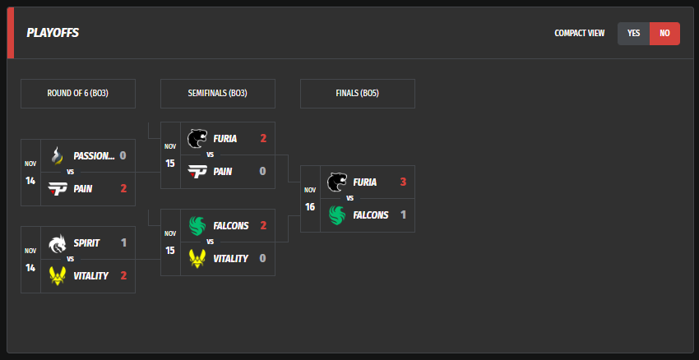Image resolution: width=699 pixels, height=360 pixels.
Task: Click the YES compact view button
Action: click(633, 34)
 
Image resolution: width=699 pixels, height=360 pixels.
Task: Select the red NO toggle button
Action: click(664, 34)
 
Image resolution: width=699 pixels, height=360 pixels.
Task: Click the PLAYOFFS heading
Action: click(53, 34)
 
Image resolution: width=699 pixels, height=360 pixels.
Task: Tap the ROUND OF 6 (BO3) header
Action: click(78, 94)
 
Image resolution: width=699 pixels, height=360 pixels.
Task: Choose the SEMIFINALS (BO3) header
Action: click(218, 94)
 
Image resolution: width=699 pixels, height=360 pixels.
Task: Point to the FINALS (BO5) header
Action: click(358, 94)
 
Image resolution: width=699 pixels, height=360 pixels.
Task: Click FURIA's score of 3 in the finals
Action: click(403, 182)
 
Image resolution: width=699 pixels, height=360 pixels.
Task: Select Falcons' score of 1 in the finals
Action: click(403, 215)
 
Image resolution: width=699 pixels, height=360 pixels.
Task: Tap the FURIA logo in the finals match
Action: click(337, 182)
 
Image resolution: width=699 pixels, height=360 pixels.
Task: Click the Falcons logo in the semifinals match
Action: click(197, 225)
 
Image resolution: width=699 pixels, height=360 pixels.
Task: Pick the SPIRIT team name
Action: click(86, 242)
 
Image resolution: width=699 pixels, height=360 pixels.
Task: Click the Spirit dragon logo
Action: click(58, 242)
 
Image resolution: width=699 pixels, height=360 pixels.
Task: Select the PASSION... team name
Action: click(94, 155)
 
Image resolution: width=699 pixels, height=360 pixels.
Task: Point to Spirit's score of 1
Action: click(123, 242)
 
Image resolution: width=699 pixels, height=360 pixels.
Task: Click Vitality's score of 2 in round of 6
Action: click(123, 275)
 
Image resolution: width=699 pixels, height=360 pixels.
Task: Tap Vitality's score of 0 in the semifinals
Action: click(263, 258)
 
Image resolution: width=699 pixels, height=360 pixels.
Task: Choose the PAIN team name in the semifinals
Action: click(222, 171)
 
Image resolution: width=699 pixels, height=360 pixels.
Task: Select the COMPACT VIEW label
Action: click(579, 34)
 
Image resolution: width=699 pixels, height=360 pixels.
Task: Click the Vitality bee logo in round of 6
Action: click(58, 275)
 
